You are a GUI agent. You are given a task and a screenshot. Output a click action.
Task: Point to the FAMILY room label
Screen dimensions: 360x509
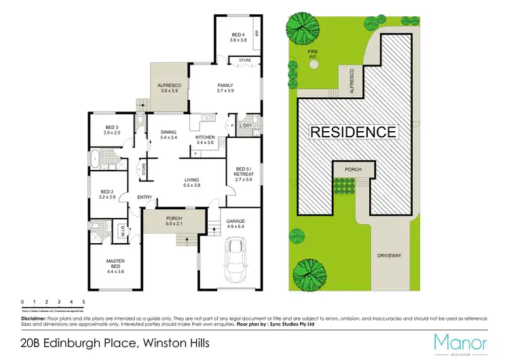tap(225, 86)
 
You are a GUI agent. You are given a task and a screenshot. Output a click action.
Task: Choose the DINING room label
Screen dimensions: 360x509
tap(168, 132)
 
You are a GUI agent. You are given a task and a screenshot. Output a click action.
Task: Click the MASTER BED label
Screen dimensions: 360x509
tap(115, 261)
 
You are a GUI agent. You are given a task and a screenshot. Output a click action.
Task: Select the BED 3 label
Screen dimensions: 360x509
tap(113, 127)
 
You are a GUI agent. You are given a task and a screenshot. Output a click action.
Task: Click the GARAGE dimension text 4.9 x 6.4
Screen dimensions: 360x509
tap(235, 227)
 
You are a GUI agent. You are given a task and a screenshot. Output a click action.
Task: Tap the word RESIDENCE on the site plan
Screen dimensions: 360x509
tap(353, 132)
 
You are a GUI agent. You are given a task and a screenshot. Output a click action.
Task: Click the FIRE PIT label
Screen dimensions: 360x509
tap(312, 53)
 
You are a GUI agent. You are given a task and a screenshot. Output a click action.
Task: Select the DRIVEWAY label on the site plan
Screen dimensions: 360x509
tap(390, 256)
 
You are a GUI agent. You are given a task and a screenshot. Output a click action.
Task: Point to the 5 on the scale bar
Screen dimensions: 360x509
tap(83, 300)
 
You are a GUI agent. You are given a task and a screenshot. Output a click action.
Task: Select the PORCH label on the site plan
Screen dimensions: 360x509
tap(354, 169)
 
